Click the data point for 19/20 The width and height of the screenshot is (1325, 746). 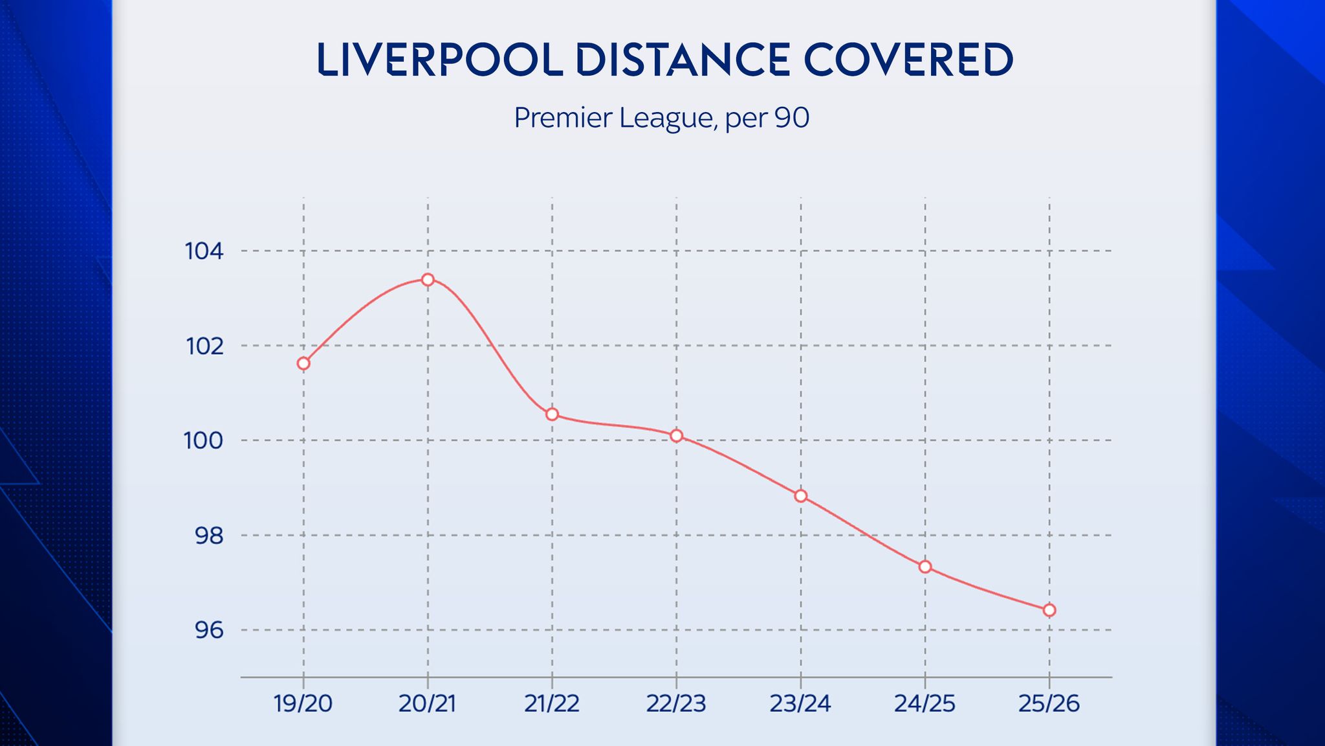[303, 363]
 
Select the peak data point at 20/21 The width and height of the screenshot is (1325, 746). [428, 280]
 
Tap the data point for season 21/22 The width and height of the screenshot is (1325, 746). [552, 414]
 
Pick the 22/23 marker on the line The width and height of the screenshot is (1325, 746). [677, 436]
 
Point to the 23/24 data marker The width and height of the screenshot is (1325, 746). [801, 496]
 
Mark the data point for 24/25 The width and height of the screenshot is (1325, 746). [925, 567]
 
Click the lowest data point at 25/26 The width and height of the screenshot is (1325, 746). [1049, 610]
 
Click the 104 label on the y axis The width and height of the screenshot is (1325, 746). [204, 251]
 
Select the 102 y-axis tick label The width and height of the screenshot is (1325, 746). [204, 346]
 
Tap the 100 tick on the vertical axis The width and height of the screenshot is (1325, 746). [204, 441]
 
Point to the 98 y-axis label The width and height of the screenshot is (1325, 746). [208, 536]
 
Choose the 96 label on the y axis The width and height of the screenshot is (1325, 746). [208, 630]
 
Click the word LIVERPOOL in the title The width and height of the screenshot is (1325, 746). [440, 60]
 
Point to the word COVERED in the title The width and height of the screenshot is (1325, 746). [908, 60]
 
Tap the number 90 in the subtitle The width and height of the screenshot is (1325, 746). [792, 118]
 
